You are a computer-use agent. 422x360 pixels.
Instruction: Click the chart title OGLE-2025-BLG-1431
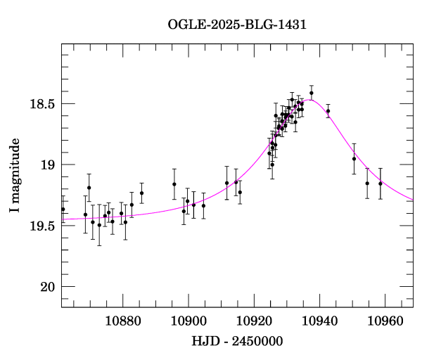(x=237, y=25)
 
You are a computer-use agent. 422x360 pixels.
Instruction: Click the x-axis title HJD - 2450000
(x=238, y=341)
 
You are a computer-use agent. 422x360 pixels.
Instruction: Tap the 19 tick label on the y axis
(x=48, y=165)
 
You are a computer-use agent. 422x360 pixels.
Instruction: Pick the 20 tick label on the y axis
(x=48, y=287)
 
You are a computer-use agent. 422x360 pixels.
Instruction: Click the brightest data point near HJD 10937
(x=312, y=93)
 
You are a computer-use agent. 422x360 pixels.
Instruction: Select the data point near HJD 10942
(x=328, y=111)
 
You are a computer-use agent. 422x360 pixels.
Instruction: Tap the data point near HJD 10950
(x=354, y=159)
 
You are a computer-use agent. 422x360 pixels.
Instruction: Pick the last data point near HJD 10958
(x=381, y=184)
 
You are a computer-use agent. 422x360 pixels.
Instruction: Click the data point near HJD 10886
(x=141, y=193)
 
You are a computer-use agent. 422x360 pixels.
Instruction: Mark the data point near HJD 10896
(x=174, y=184)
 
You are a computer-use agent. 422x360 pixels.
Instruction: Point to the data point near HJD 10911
(x=226, y=183)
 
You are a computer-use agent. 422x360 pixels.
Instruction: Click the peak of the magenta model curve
(x=307, y=100)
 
